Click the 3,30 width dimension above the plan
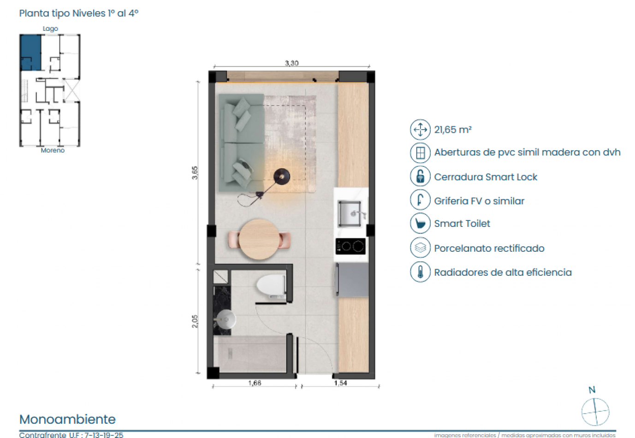291,63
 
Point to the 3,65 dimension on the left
195,173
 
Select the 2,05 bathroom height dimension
195,321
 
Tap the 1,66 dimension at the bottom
255,383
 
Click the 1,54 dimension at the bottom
340,383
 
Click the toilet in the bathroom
271,286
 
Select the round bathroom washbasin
226,319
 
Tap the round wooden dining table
259,239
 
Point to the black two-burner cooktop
350,247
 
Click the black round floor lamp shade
282,176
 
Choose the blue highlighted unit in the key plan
30,52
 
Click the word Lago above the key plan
50,29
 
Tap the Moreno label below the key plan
53,150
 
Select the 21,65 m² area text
453,130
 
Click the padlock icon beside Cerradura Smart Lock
420,177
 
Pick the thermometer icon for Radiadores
420,272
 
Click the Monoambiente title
67,419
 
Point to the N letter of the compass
592,390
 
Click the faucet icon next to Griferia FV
420,201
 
